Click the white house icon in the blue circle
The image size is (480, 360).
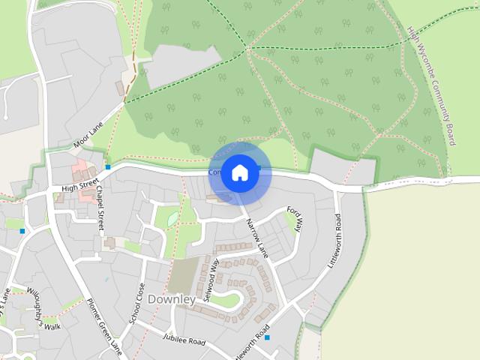pos(239,172)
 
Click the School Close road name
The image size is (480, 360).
pos(136,303)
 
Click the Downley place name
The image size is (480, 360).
pos(172,299)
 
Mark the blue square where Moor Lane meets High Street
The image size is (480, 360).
pos(108,167)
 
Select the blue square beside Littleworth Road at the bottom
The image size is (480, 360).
pos(267,337)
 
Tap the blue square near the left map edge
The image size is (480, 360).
pos(22,231)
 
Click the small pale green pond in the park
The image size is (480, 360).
pos(172,218)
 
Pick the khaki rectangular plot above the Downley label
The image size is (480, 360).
pos(182,275)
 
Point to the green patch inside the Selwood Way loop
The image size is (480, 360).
pos(225,301)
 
